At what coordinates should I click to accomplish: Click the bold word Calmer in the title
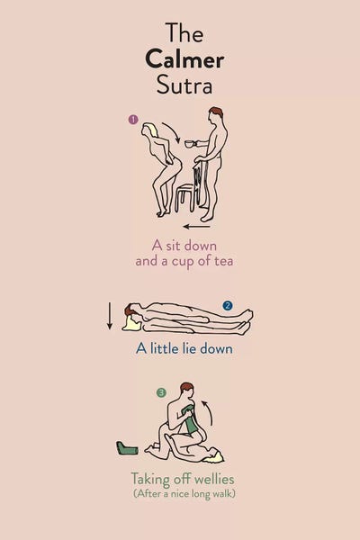[x=184, y=60]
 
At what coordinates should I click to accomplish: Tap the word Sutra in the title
[x=184, y=85]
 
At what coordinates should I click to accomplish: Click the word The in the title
[x=184, y=32]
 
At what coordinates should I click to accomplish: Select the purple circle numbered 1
[x=133, y=120]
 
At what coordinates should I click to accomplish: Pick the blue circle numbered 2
[x=228, y=305]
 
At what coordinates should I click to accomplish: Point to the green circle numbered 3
[x=161, y=392]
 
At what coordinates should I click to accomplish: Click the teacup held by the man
[x=190, y=144]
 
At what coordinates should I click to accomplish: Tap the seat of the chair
[x=186, y=188]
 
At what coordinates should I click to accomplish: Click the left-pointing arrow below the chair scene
[x=197, y=227]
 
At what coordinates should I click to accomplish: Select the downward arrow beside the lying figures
[x=110, y=316]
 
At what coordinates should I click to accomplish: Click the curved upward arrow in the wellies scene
[x=209, y=412]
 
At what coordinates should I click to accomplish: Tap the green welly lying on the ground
[x=127, y=448]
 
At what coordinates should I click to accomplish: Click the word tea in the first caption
[x=224, y=261]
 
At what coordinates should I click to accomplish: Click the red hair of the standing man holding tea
[x=217, y=112]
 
